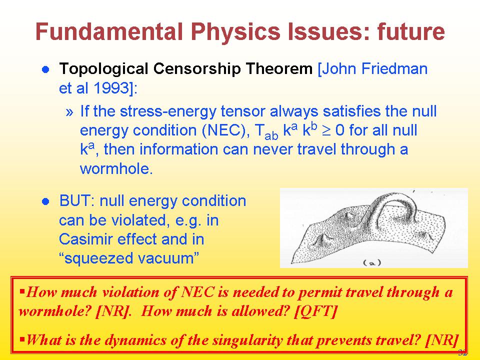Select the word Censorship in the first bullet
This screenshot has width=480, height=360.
(197, 69)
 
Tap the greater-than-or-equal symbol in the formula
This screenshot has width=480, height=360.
(325, 130)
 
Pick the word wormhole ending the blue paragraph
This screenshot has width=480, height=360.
(116, 168)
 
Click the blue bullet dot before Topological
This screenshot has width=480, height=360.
(45, 69)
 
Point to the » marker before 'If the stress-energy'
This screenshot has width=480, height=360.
(70, 112)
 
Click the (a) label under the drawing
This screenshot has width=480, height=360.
(372, 262)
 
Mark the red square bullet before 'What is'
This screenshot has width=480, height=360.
(21, 339)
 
